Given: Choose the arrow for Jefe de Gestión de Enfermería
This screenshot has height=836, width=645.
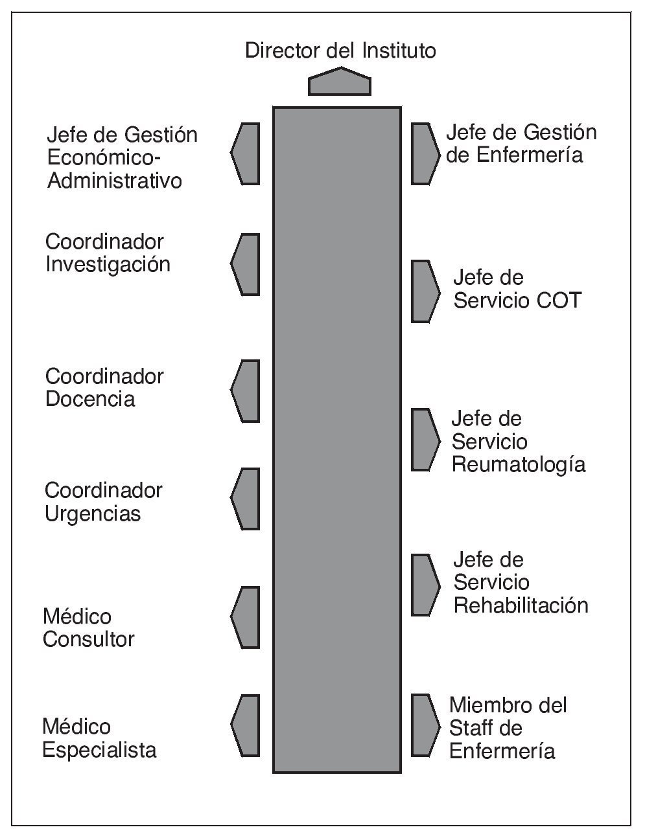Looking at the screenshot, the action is pos(425,153).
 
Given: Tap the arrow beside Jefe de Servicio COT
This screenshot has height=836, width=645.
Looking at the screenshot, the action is pos(425,291).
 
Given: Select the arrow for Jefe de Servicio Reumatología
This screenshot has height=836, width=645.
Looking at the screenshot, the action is pos(425,439).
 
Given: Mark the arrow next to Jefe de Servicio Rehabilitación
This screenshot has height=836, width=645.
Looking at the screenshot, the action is pos(425,584).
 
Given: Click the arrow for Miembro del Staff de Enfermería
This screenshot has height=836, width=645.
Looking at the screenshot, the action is pos(425,725).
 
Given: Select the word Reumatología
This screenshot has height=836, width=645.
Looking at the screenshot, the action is pos(519,465).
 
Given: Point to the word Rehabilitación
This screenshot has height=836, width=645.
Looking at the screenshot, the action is pos(521,605).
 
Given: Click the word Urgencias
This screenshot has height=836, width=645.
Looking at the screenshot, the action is pos(93,514).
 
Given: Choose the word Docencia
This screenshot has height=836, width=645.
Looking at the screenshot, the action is pos(90,399).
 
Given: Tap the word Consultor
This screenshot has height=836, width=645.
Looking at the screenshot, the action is pos(88,640).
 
